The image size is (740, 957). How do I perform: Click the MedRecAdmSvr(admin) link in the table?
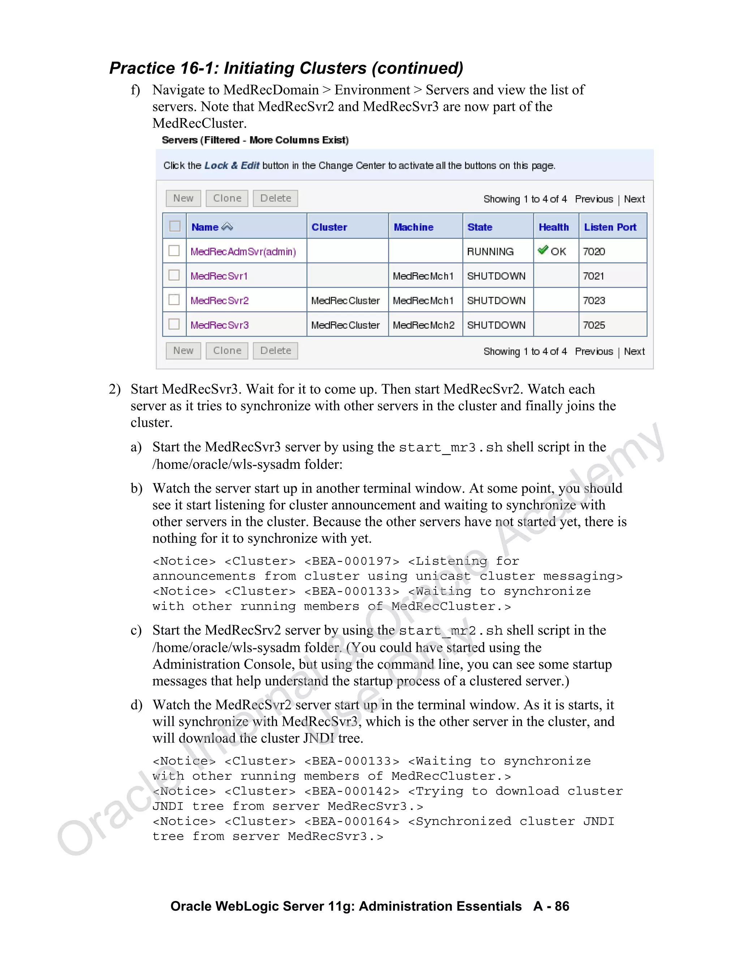(x=243, y=251)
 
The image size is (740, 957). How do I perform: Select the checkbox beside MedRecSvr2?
(x=175, y=300)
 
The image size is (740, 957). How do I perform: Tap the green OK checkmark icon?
(x=543, y=250)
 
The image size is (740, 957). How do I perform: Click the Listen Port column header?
(x=610, y=227)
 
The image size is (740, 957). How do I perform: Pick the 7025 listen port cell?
(x=594, y=325)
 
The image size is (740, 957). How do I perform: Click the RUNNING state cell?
(x=490, y=251)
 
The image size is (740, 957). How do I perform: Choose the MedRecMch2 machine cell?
(x=423, y=325)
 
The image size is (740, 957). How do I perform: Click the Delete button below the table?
(x=275, y=351)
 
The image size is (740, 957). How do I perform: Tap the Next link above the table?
(x=634, y=199)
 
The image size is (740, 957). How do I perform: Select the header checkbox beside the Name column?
(x=175, y=226)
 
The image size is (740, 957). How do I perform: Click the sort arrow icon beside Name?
(x=227, y=226)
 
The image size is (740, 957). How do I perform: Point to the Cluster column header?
(x=329, y=227)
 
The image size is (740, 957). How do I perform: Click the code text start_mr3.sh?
(x=451, y=447)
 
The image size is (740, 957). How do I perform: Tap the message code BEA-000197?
(x=352, y=561)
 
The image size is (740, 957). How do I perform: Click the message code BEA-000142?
(x=352, y=791)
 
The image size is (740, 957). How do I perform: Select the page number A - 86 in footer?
(x=551, y=906)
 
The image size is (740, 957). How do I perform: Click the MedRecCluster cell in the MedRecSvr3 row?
(x=345, y=325)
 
